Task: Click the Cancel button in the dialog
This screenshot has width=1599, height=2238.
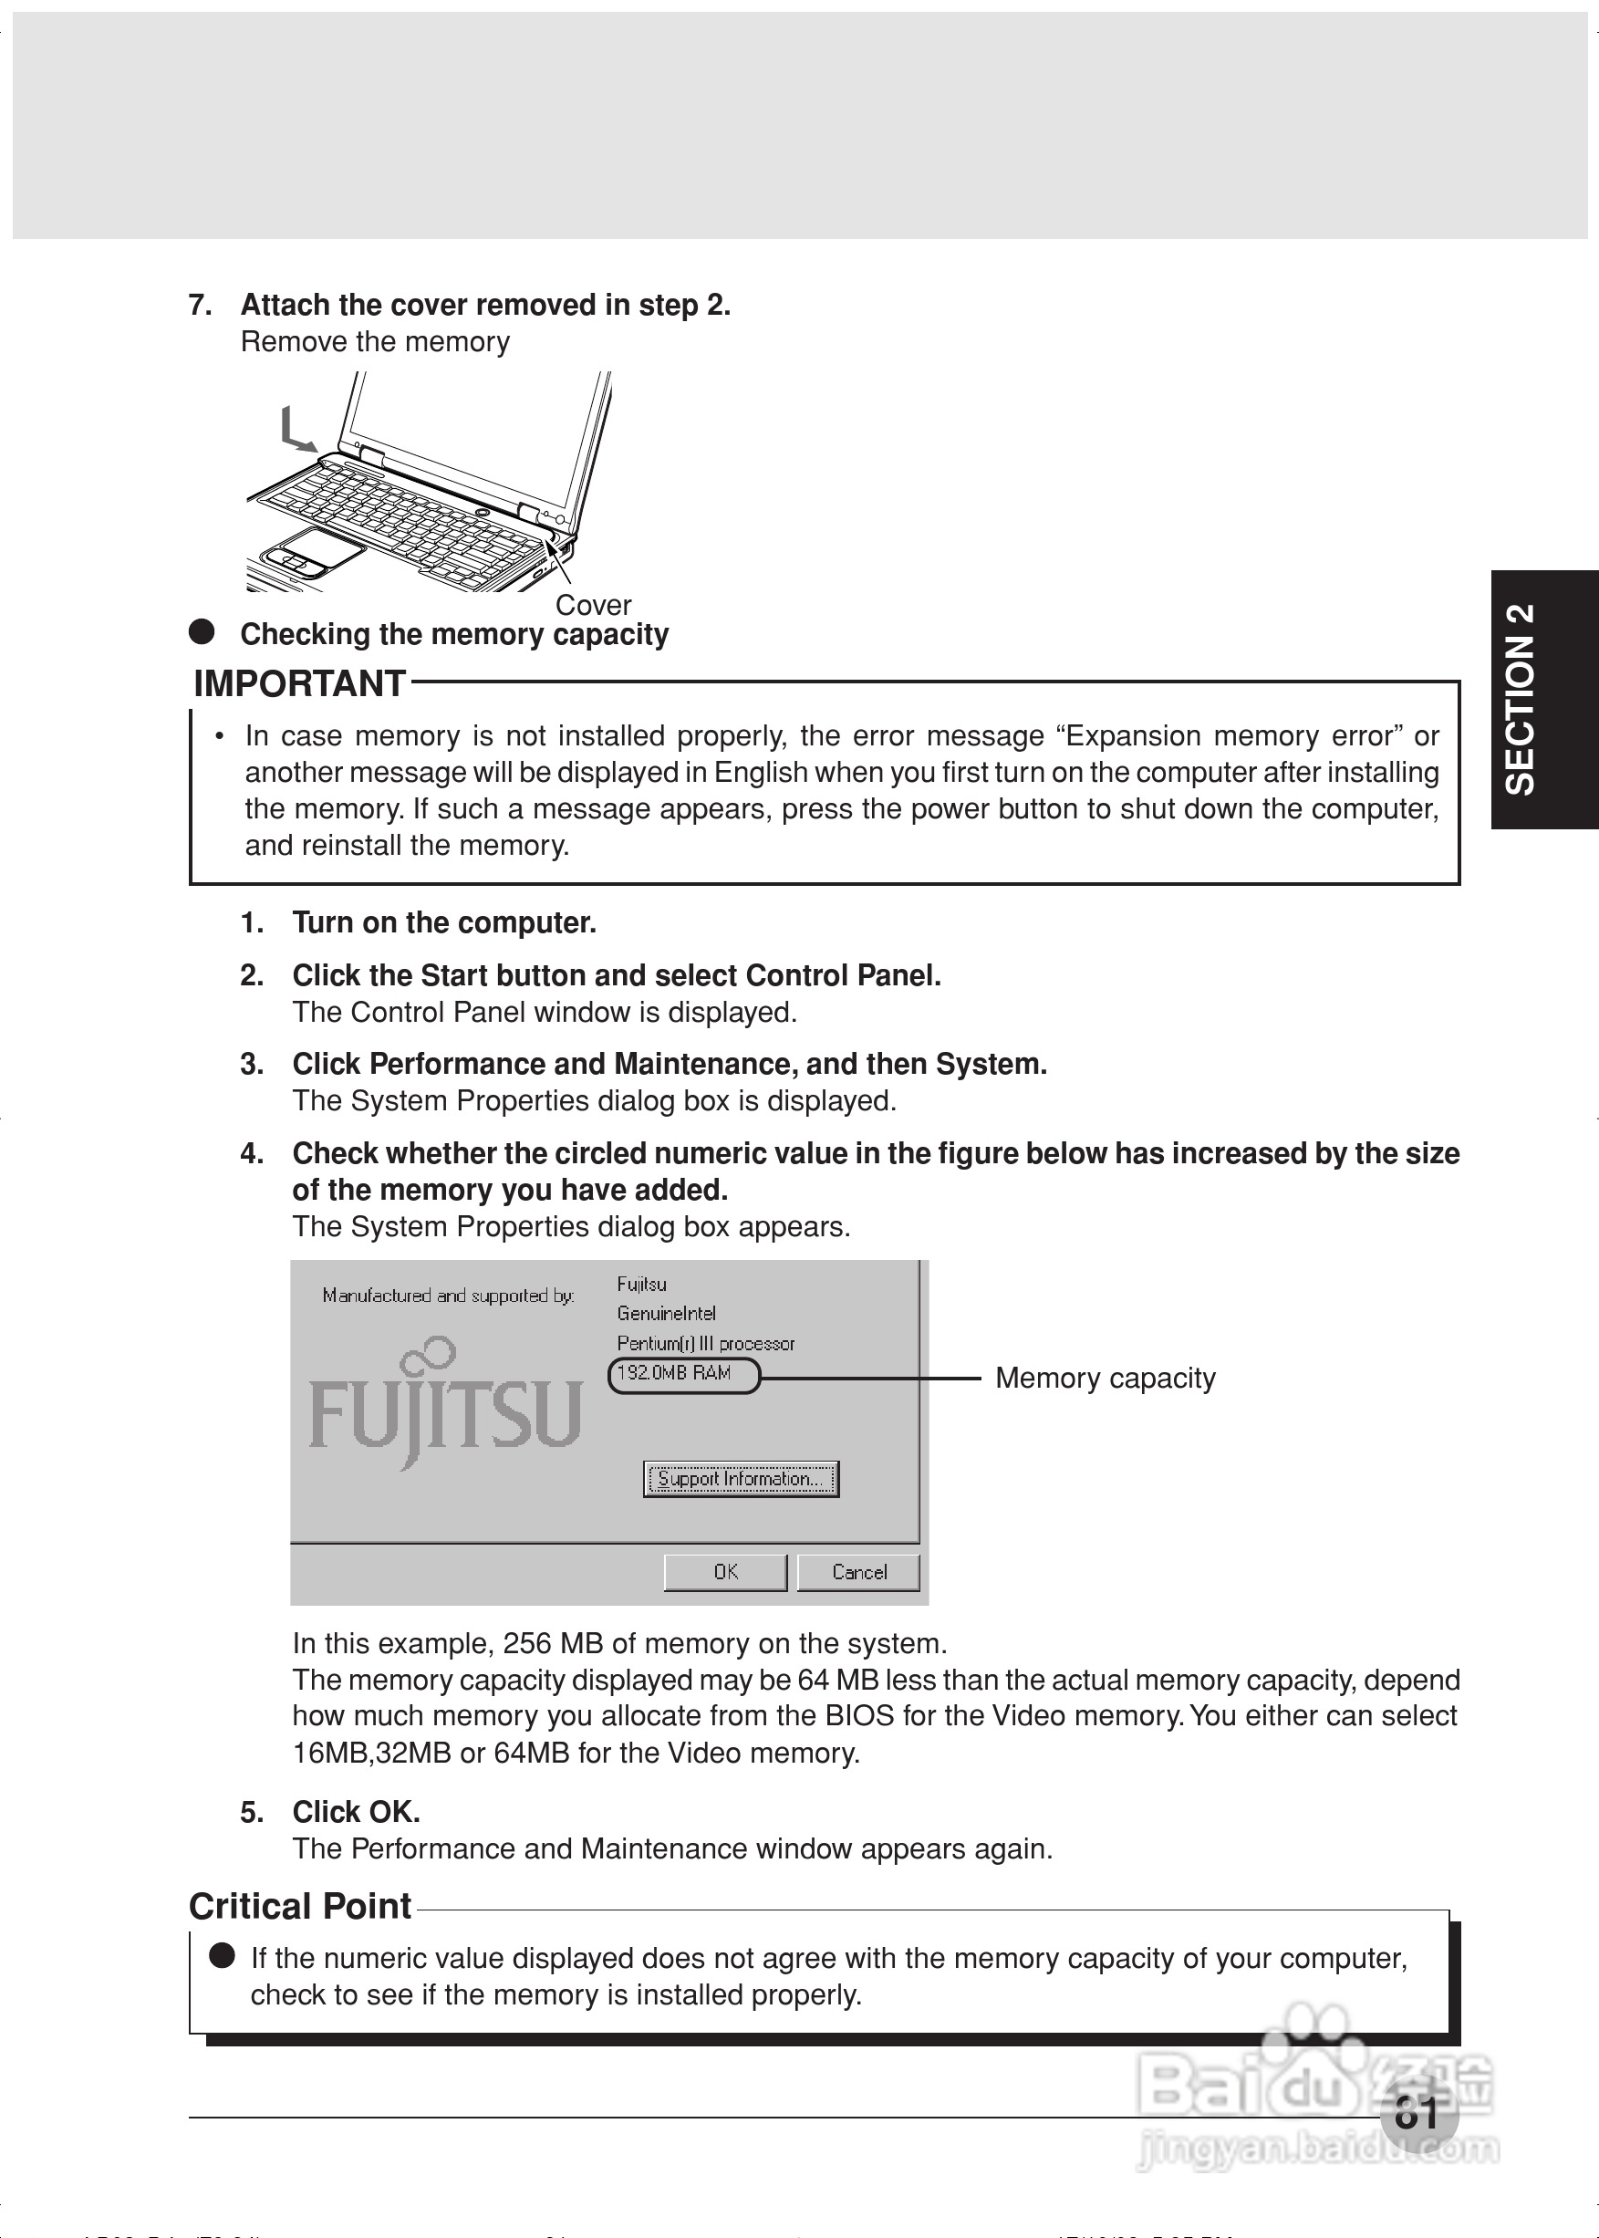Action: pos(858,1571)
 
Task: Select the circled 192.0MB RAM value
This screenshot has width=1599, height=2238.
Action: pos(684,1375)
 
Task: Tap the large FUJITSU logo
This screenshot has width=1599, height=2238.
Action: pos(445,1408)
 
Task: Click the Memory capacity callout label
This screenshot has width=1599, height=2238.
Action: pos(1105,1378)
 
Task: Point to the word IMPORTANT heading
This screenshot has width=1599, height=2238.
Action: pos(299,683)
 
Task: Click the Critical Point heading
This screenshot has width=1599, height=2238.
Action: pos(299,1906)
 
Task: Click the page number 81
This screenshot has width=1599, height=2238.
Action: pos(1417,2113)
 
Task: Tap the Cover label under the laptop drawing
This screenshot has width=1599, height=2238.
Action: pos(593,605)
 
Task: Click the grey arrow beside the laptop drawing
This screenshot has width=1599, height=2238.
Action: pos(296,432)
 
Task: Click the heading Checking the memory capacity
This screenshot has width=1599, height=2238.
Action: pos(454,634)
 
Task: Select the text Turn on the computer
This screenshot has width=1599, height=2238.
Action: pos(444,922)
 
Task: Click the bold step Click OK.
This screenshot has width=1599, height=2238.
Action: pos(357,1812)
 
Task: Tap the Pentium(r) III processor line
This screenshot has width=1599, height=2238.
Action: pos(705,1343)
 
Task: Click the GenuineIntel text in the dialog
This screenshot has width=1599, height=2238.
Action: pos(666,1314)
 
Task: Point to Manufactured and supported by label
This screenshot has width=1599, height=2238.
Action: pos(448,1296)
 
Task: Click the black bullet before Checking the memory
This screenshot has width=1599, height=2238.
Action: pos(202,632)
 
